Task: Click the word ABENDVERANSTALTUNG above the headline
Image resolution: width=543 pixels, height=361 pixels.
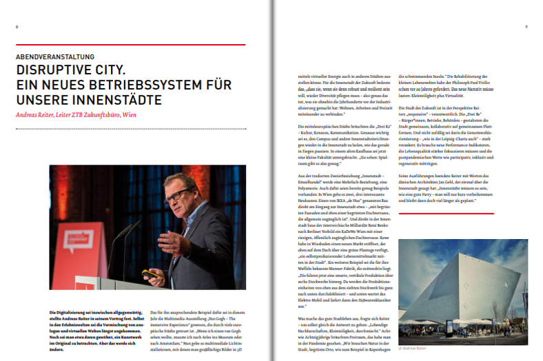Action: tap(57, 56)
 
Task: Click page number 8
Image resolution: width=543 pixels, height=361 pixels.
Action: tap(18, 26)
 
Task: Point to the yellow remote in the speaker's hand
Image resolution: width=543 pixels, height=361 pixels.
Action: tap(151, 275)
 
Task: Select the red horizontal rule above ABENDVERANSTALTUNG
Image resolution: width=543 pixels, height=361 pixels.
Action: tap(131, 45)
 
